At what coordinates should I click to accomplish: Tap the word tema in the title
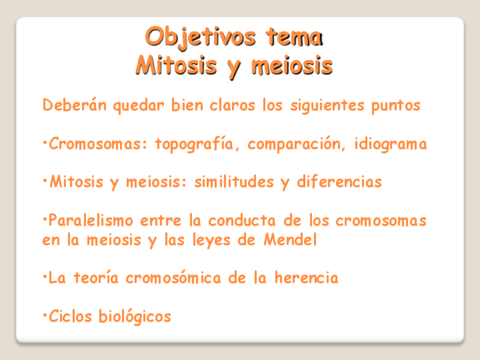(294, 37)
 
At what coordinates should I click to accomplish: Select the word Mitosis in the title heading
(177, 66)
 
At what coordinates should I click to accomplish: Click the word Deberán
(75, 105)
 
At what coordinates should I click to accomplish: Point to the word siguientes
(327, 106)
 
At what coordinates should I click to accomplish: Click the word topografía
(194, 144)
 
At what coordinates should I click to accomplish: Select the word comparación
(294, 144)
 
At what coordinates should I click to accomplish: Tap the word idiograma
(391, 144)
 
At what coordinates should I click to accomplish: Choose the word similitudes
(234, 182)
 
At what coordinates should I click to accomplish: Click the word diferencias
(340, 182)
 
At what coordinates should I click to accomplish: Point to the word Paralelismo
(91, 220)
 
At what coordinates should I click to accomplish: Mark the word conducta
(242, 220)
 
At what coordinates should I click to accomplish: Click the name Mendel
(290, 239)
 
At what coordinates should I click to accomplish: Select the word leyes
(211, 241)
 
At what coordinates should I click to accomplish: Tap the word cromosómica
(173, 277)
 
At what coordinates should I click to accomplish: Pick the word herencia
(306, 278)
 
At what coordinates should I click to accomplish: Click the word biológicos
(135, 316)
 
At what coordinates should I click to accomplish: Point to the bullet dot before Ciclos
(45, 314)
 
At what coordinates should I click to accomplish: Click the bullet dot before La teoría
(45, 276)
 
